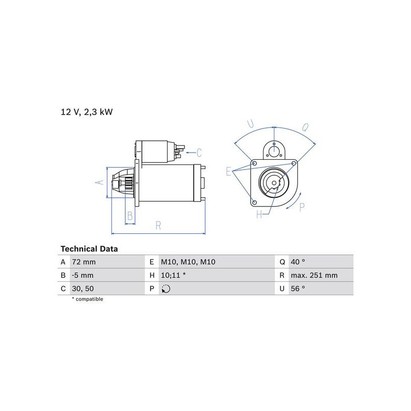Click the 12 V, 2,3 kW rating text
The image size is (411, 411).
click(x=87, y=112)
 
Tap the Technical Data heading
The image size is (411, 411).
click(x=89, y=249)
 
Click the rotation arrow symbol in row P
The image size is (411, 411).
click(x=166, y=289)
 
